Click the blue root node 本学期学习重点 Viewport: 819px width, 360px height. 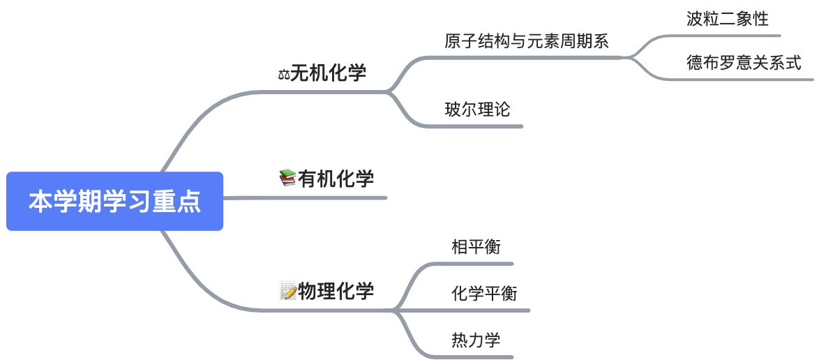[x=114, y=202]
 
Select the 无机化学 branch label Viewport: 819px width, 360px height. [x=328, y=73]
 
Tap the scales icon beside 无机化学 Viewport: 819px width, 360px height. [x=283, y=73]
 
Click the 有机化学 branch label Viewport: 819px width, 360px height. [x=336, y=179]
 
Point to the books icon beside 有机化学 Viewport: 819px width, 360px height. [x=287, y=179]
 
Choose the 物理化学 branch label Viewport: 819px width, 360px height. [x=336, y=290]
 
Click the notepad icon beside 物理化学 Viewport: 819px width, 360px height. [x=287, y=290]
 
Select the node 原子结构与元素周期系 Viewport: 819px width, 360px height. [x=527, y=40]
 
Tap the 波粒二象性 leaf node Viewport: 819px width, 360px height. [x=727, y=19]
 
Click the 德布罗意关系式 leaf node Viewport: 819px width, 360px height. [x=744, y=63]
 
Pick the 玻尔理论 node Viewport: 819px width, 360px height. [x=477, y=109]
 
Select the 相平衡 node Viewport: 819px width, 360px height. [x=476, y=246]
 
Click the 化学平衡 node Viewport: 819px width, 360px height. [x=484, y=293]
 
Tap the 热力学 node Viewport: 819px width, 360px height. [x=476, y=340]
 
